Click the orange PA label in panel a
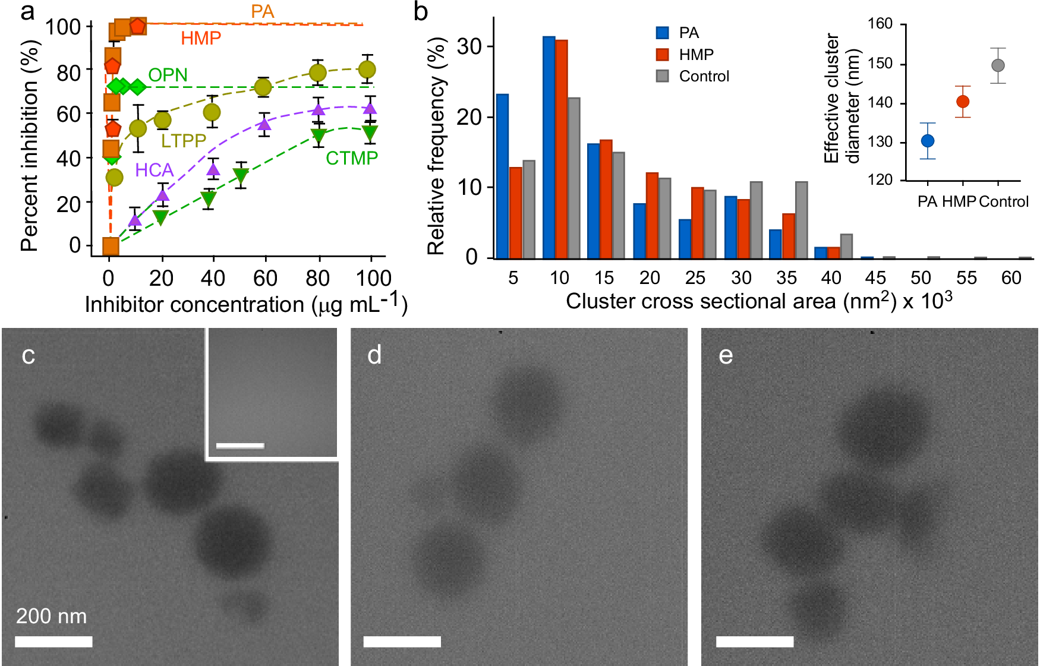tap(262, 11)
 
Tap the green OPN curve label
tap(168, 75)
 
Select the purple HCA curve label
tap(154, 171)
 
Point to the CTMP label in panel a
tap(352, 158)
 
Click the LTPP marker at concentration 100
tap(367, 70)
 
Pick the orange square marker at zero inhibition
tap(111, 245)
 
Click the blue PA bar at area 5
tap(502, 176)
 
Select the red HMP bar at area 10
tap(561, 149)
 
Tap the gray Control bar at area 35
tap(801, 220)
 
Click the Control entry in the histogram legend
tap(704, 76)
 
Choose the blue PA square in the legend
tap(663, 33)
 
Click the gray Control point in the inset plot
tap(998, 65)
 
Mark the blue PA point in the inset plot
tap(928, 141)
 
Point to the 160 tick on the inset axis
tap(880, 24)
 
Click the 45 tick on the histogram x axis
tap(875, 277)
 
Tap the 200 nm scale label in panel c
tap(51, 616)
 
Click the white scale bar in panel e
tap(755, 642)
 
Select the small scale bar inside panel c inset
tap(240, 445)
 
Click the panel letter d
tap(374, 355)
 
